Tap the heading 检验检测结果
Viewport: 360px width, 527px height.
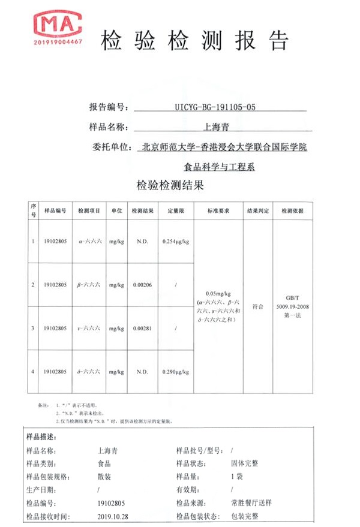pyautogui.click(x=171, y=185)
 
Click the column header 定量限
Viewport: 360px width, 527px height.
pyautogui.click(x=175, y=211)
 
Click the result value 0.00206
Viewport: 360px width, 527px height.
pyautogui.click(x=142, y=285)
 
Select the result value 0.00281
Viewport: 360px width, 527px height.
pyautogui.click(x=142, y=328)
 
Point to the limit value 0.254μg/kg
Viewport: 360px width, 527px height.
pyautogui.click(x=176, y=241)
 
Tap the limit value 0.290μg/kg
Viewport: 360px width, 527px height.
pyautogui.click(x=176, y=372)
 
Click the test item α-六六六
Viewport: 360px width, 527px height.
pyautogui.click(x=90, y=241)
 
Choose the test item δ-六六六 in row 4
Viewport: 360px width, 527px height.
pyautogui.click(x=90, y=372)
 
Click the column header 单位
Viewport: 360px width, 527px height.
pyautogui.click(x=116, y=211)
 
